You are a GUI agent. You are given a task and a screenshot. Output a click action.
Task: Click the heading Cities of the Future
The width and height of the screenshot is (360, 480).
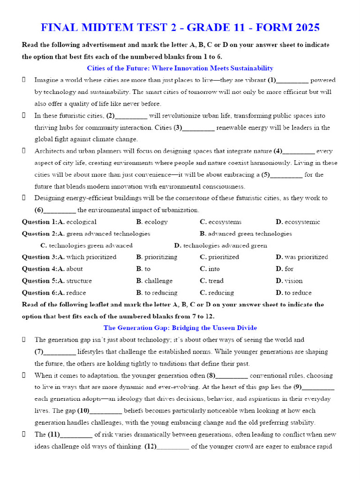coord(180,68)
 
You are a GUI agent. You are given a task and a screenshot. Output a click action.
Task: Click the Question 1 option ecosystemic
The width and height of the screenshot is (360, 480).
coord(302,222)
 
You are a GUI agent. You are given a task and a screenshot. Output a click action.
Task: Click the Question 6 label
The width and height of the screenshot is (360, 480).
coord(39,293)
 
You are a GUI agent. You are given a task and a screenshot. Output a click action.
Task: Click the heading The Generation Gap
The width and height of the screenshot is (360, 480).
coord(180,328)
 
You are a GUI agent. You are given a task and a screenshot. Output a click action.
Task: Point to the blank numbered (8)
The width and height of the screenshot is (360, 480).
coord(232,376)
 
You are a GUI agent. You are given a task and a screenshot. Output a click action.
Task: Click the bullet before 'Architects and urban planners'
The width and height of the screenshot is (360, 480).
coord(23,151)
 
